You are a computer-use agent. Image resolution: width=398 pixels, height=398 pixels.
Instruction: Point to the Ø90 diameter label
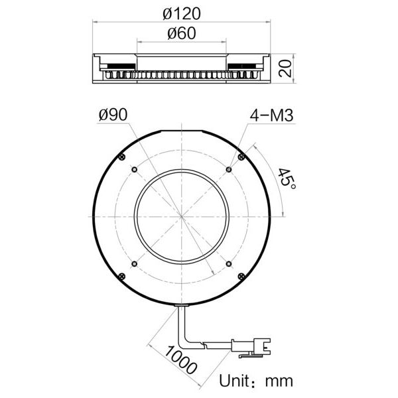coord(112,114)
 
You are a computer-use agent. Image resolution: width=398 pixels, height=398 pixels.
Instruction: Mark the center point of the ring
coord(182,217)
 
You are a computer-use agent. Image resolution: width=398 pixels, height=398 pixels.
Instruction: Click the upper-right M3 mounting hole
coord(229,170)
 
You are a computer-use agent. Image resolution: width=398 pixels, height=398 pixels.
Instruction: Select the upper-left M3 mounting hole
coord(135,170)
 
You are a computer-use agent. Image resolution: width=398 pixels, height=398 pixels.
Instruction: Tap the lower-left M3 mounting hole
coord(135,264)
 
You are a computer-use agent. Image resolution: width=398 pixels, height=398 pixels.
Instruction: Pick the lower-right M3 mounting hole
coord(229,264)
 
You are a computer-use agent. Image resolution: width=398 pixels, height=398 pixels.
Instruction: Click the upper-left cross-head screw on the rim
coord(123,157)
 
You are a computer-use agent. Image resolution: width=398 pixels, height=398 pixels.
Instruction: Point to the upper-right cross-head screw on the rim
coord(241,157)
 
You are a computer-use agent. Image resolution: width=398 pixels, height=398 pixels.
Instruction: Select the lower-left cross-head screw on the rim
coord(122,277)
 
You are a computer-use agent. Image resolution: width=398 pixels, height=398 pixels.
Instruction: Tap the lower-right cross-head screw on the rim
coord(241,277)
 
